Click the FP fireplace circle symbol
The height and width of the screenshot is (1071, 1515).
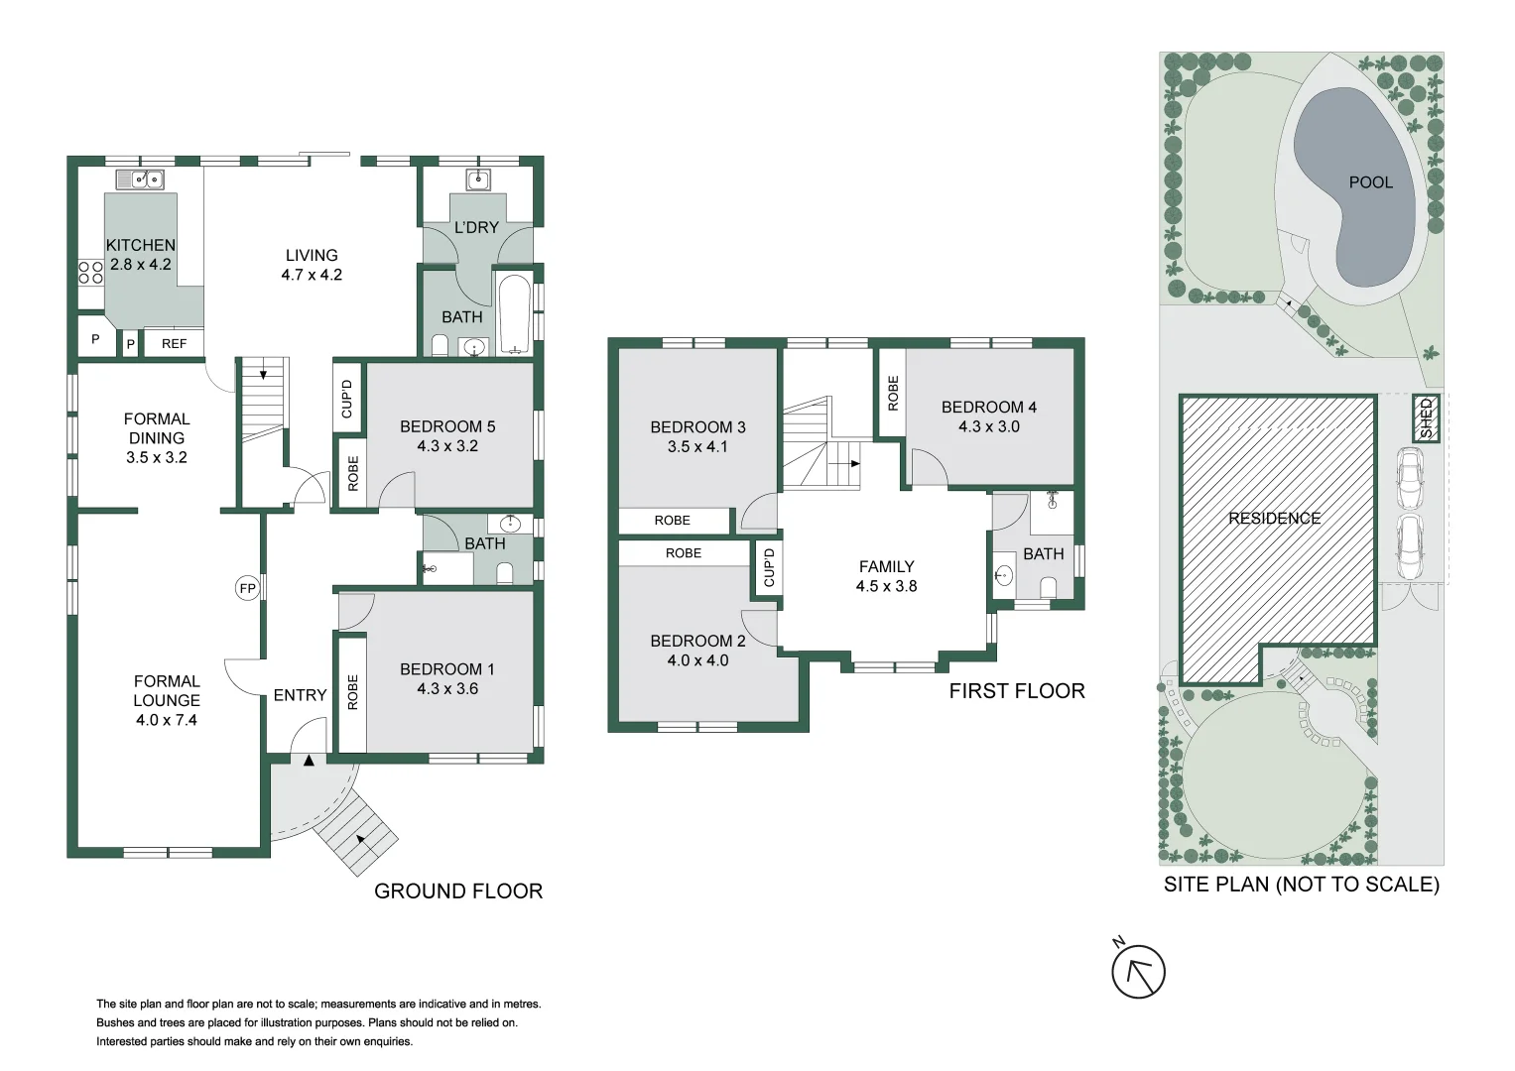coord(247,588)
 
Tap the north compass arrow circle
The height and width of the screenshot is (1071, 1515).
coord(1138,972)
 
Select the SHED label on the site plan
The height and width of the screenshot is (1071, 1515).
coord(1426,418)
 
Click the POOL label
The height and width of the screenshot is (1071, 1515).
coord(1370,182)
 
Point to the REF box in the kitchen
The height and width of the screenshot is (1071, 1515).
coord(174,343)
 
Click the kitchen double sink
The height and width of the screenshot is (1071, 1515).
coord(140,179)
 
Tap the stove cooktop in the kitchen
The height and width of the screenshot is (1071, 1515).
coord(90,272)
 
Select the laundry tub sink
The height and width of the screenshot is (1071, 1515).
coord(478,179)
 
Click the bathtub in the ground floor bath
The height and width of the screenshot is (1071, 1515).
coord(514,313)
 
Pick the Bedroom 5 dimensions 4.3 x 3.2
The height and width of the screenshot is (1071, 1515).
coord(447,446)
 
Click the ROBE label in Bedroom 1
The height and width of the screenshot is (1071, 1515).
coord(352,692)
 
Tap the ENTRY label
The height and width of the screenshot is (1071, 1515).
coord(300,695)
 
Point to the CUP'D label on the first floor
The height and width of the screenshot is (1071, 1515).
coord(769,567)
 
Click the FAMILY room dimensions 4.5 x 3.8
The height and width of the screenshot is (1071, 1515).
coord(886,586)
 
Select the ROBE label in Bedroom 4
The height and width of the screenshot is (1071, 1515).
coord(892,393)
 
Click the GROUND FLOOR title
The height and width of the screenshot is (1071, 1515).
coord(458,891)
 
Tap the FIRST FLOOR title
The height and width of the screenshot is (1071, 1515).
coord(1016,691)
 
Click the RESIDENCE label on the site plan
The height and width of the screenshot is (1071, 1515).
coord(1274,518)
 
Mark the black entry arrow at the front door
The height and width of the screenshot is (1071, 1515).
coord(309,761)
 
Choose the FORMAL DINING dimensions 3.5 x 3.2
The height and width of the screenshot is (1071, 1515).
coord(157,457)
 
